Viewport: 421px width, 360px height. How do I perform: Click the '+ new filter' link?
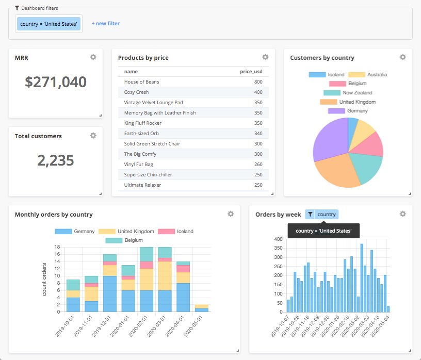click(x=105, y=23)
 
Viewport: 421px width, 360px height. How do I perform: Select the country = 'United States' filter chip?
click(x=49, y=24)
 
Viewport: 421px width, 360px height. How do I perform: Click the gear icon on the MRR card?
click(x=93, y=57)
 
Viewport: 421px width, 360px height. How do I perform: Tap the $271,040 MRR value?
click(x=56, y=81)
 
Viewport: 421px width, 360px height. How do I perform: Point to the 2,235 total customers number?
click(x=56, y=160)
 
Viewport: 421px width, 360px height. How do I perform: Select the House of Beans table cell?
click(x=142, y=82)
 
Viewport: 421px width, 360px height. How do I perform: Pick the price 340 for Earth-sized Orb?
click(x=258, y=134)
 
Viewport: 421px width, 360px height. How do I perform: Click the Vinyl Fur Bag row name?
click(x=138, y=165)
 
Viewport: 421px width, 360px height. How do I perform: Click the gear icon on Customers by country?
click(x=402, y=57)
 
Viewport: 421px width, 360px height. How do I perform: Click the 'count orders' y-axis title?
click(x=45, y=279)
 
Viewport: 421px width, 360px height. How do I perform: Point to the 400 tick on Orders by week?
click(x=278, y=239)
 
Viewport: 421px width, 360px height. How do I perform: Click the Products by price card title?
click(x=143, y=58)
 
